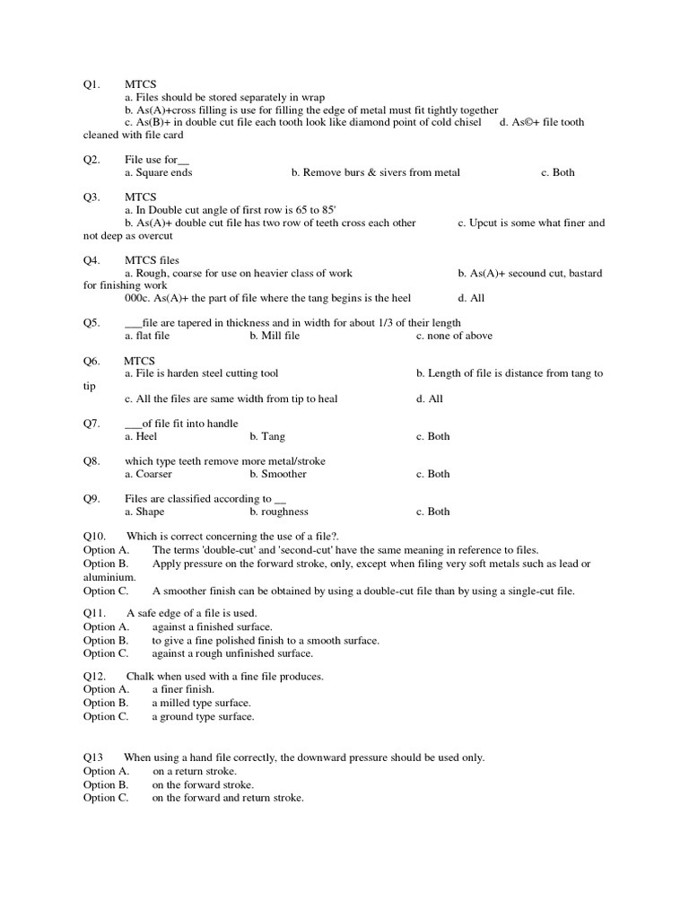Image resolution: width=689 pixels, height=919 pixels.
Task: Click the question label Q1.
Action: click(x=92, y=84)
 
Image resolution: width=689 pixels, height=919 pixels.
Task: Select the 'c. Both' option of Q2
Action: click(x=557, y=172)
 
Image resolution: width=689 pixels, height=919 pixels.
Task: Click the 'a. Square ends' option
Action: click(x=158, y=172)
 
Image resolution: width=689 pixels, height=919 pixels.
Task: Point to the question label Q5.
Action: click(x=92, y=323)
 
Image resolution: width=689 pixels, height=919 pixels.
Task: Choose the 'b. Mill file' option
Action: click(x=275, y=336)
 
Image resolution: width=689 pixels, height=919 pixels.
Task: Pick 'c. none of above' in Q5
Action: click(x=454, y=336)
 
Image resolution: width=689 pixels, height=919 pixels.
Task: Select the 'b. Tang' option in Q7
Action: click(x=267, y=436)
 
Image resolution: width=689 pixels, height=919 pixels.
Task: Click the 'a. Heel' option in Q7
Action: click(x=141, y=436)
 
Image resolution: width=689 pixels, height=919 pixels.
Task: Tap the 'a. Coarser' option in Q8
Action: click(x=148, y=474)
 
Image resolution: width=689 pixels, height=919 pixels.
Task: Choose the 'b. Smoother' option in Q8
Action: click(x=278, y=474)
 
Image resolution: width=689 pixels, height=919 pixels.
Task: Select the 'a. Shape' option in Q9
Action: click(x=144, y=512)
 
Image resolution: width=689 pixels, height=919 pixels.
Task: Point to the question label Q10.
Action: click(x=94, y=537)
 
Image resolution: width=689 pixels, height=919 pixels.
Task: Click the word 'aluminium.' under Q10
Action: click(x=109, y=577)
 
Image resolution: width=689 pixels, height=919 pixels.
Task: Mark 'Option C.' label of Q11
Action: click(x=106, y=653)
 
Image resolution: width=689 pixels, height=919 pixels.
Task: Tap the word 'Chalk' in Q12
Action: click(x=140, y=676)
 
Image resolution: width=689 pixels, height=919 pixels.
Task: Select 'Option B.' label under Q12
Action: click(x=106, y=703)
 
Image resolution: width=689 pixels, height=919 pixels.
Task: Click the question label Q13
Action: click(x=94, y=757)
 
